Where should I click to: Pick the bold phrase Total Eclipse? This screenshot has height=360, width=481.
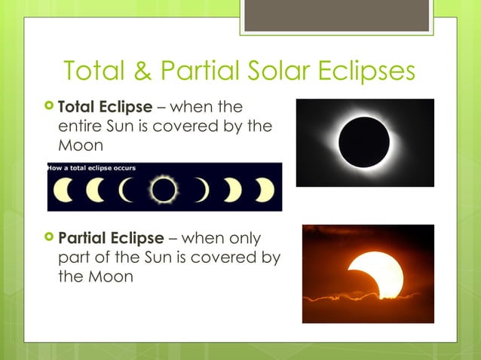tap(105, 107)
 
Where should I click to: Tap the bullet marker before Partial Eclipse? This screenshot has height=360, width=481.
tap(50, 239)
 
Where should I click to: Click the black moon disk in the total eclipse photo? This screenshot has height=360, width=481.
tap(364, 142)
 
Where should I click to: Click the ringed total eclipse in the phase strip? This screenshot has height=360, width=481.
tap(162, 191)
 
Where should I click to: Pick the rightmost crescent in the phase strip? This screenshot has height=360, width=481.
tap(265, 191)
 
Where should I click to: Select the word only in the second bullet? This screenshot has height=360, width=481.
tap(241, 239)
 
